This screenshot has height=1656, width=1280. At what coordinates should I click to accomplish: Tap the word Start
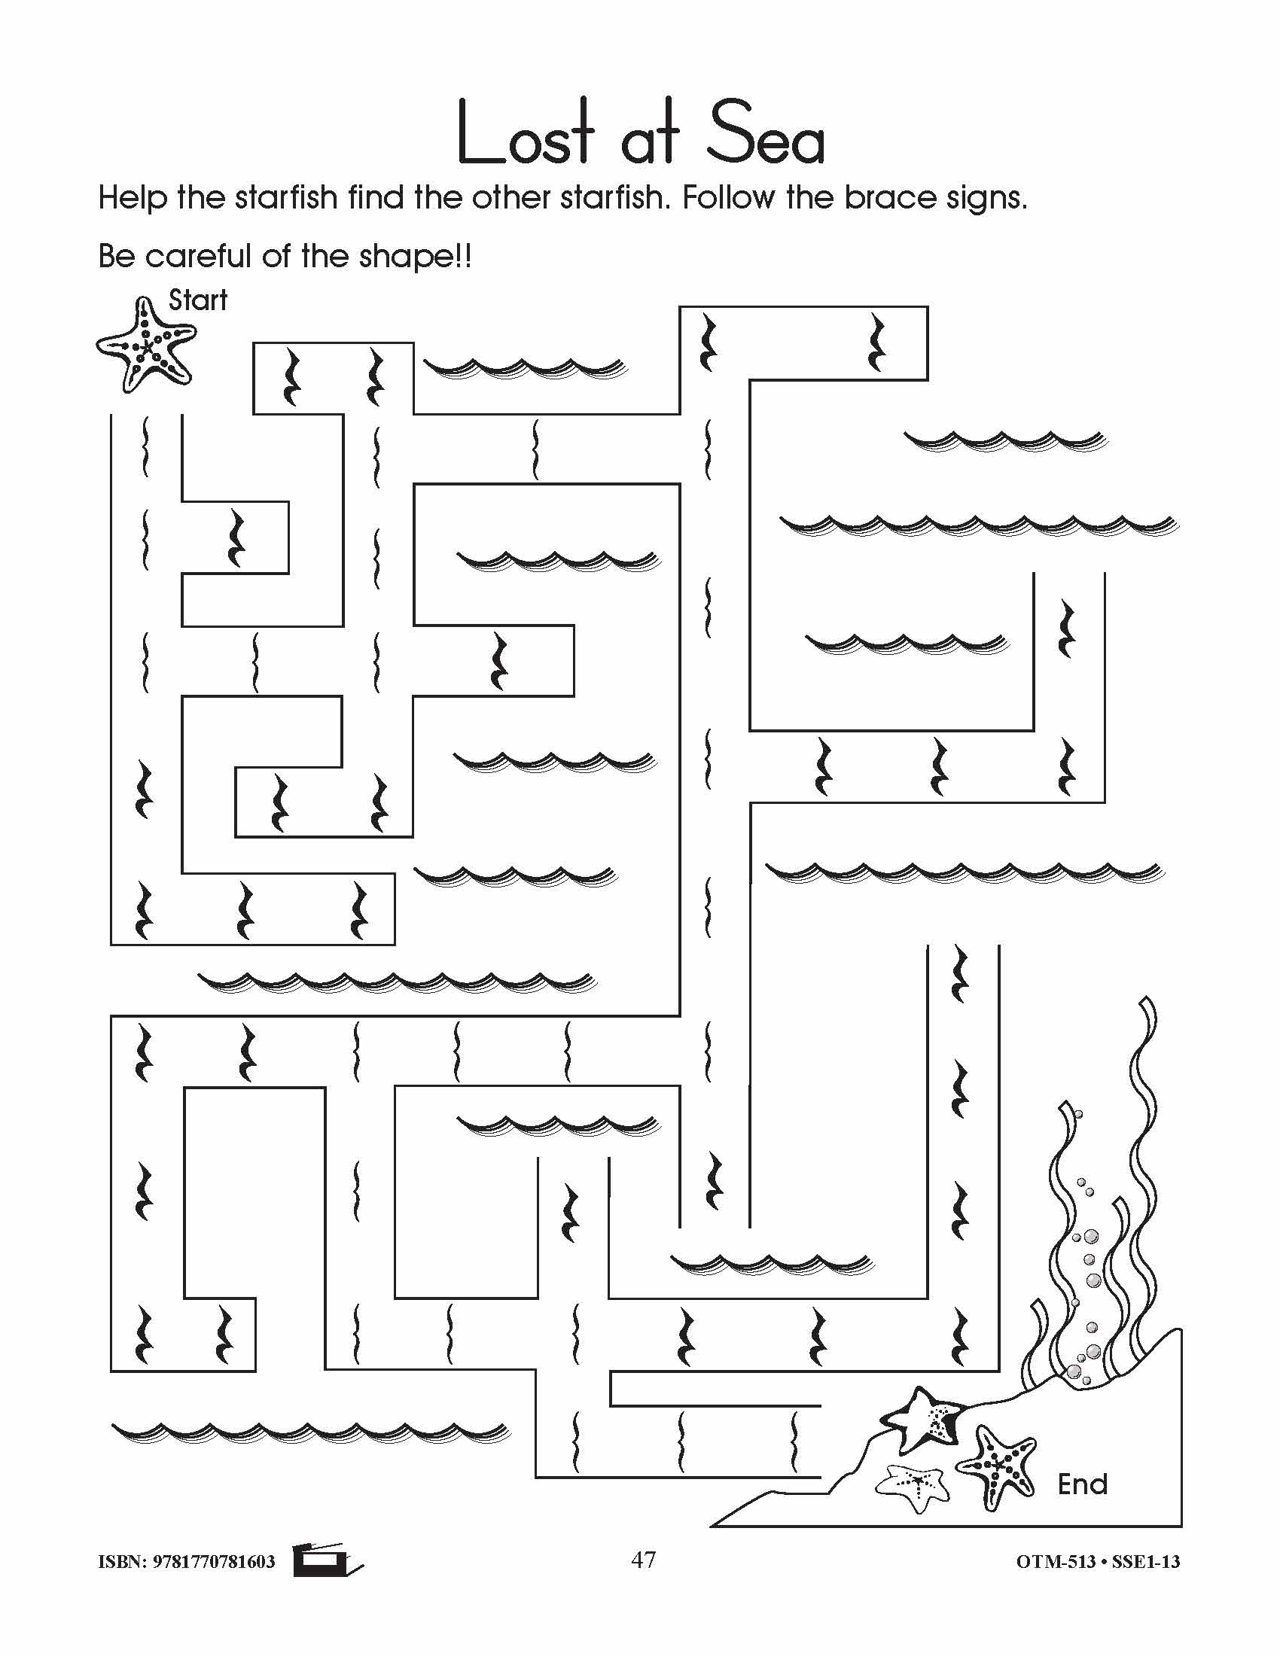pyautogui.click(x=197, y=301)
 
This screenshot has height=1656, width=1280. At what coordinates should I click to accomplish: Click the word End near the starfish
pyautogui.click(x=1082, y=1484)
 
